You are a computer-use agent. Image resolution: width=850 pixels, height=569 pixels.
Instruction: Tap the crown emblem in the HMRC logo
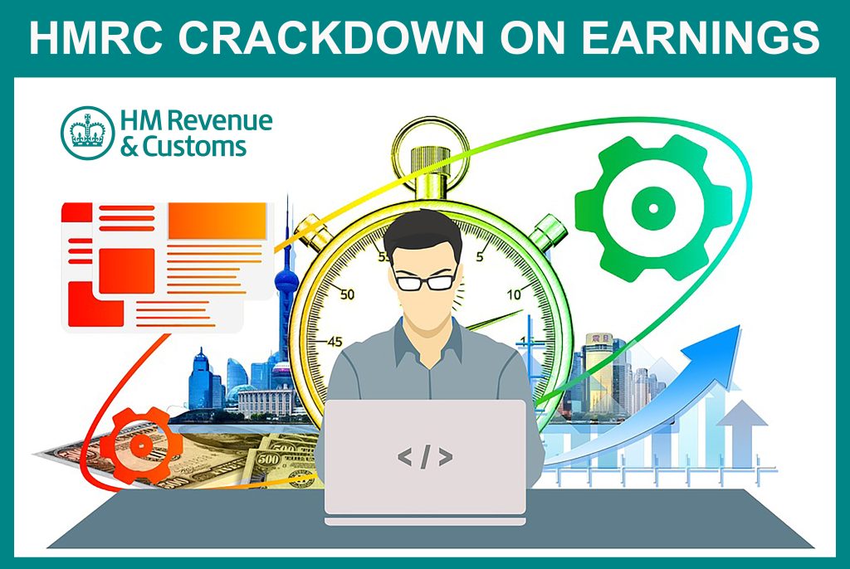tap(87, 133)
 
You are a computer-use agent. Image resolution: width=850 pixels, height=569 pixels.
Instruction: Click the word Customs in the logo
tap(194, 146)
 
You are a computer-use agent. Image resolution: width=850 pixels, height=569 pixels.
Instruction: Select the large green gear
tap(653, 208)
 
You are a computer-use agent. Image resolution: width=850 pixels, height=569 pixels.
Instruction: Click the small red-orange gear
tap(141, 445)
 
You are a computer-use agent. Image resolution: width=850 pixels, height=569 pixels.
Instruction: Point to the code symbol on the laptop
tap(425, 456)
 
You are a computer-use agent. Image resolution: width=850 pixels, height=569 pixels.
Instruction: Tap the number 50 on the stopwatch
tap(346, 294)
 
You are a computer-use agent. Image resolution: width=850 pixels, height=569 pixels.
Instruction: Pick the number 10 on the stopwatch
tap(514, 294)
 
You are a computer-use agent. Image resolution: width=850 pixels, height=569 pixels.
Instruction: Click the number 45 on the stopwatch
tap(335, 342)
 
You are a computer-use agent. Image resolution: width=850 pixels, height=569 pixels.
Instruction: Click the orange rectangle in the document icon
tap(217, 221)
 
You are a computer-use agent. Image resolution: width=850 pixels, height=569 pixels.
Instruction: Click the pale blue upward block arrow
tap(743, 429)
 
